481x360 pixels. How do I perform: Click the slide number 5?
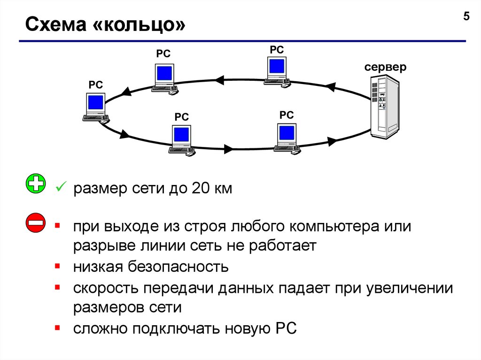tap(466, 17)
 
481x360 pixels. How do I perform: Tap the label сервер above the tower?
tap(385, 67)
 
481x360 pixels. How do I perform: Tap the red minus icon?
tap(36, 223)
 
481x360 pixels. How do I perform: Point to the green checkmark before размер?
tap(60, 189)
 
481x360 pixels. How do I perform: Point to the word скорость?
tap(106, 288)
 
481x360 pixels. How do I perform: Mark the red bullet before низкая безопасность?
tap(57, 266)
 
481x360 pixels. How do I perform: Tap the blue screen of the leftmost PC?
tap(96, 103)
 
